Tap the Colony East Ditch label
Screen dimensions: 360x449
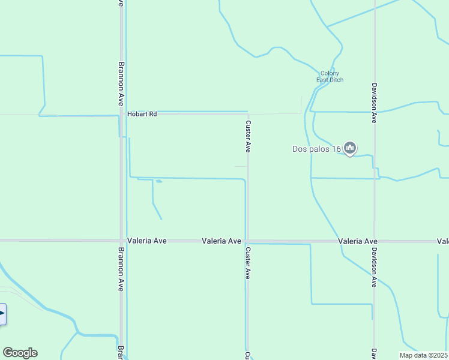pyautogui.click(x=330, y=77)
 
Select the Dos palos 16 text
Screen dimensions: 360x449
pyautogui.click(x=316, y=149)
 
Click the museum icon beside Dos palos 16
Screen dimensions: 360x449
pyautogui.click(x=351, y=148)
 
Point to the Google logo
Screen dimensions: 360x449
pyautogui.click(x=20, y=353)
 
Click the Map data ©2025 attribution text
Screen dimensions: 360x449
pyautogui.click(x=424, y=355)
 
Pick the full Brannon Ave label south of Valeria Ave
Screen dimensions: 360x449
pyautogui.click(x=121, y=269)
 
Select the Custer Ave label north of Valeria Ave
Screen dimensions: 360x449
pyautogui.click(x=248, y=136)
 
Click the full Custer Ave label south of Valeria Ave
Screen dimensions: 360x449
pyautogui.click(x=247, y=263)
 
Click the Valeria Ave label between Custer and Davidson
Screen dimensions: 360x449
pyautogui.click(x=358, y=241)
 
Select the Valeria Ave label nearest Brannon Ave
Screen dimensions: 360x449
pyautogui.click(x=146, y=241)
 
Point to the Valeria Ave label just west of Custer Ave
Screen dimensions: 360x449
pyautogui.click(x=221, y=241)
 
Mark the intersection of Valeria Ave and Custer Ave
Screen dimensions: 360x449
pyautogui.click(x=247, y=241)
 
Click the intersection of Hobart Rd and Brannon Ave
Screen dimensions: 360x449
pyautogui.click(x=122, y=114)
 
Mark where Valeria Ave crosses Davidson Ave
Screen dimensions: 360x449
pyautogui.click(x=375, y=241)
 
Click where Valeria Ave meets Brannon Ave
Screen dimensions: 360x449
pyautogui.click(x=122, y=241)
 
